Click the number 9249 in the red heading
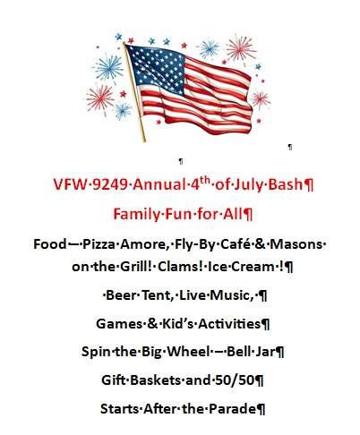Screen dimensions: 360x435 pos(110,184)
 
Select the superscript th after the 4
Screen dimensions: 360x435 pos(205,181)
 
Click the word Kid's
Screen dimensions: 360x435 pos(178,324)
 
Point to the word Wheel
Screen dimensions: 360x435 pos(188,352)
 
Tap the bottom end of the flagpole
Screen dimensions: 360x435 pos(144,141)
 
